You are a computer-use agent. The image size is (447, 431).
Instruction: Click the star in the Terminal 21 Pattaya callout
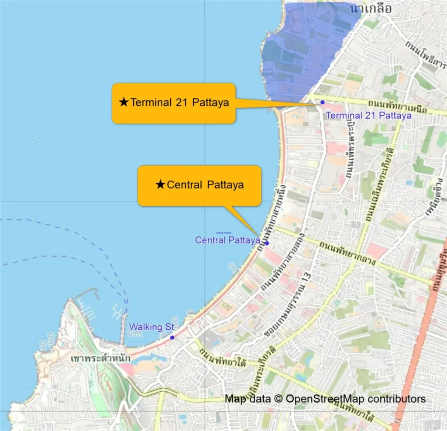click(x=124, y=103)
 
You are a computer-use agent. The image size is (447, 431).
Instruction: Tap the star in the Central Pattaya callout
click(x=160, y=185)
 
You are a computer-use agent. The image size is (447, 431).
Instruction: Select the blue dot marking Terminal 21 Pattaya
click(x=323, y=102)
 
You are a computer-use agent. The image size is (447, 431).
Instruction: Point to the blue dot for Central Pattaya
click(x=267, y=243)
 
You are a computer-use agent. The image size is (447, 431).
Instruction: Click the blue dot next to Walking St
click(x=172, y=338)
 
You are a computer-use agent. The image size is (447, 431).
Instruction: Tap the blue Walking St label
click(x=151, y=327)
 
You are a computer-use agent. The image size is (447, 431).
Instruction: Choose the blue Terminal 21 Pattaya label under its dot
click(x=369, y=116)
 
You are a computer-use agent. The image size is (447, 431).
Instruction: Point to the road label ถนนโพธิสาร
click(x=426, y=52)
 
